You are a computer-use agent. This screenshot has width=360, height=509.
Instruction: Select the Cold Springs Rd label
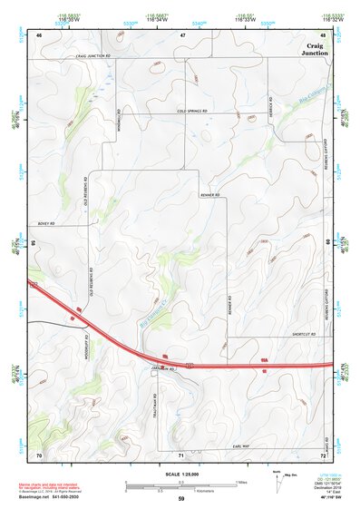[x=192, y=112]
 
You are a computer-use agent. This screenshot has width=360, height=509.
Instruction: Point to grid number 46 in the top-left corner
[x=39, y=34]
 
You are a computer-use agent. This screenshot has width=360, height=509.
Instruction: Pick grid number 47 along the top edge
[x=182, y=34]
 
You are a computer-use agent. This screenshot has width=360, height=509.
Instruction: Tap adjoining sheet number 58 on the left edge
[x=33, y=244]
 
